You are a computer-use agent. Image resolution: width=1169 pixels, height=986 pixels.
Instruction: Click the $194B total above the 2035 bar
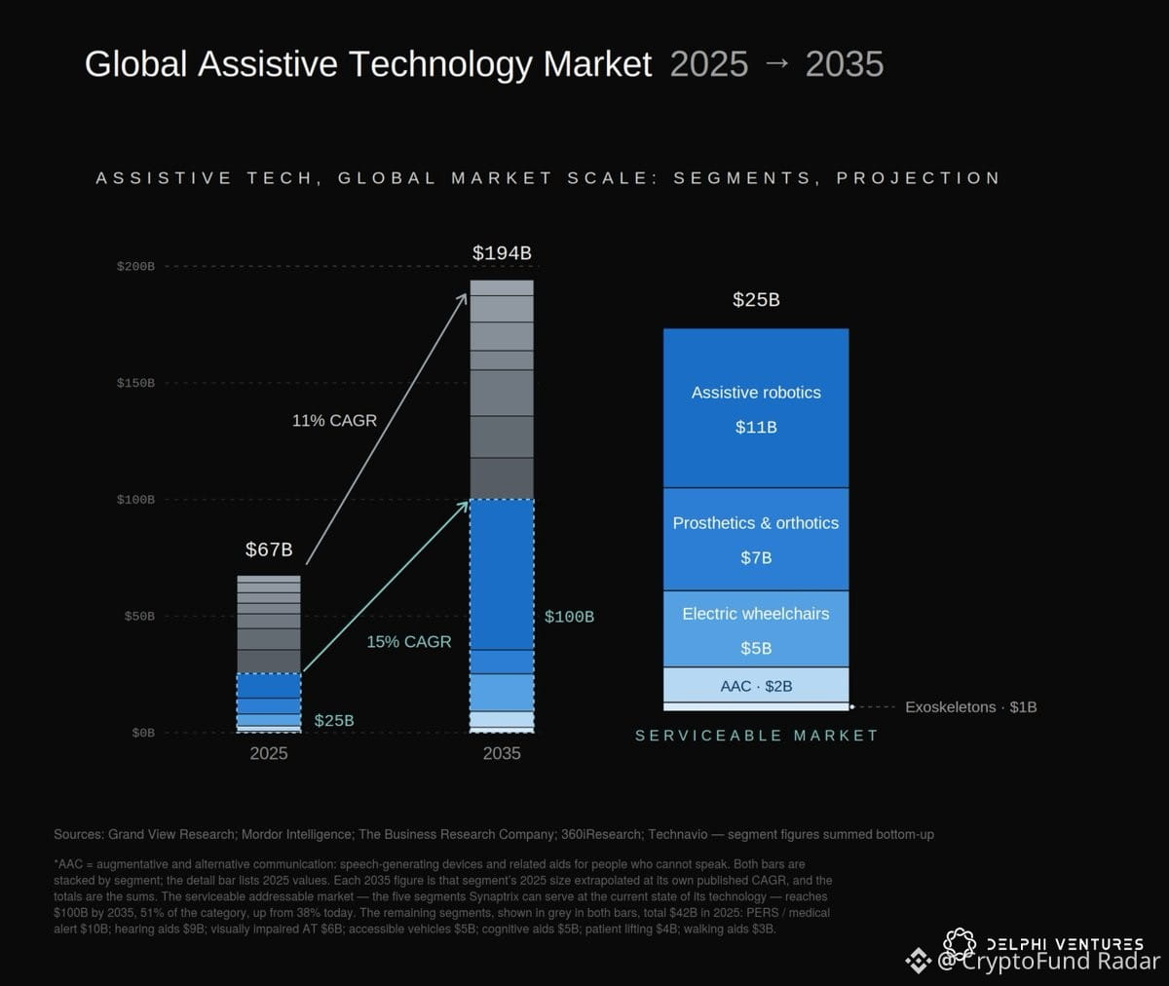click(x=502, y=253)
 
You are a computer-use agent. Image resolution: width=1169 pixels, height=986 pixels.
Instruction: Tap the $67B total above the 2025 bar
click(x=269, y=550)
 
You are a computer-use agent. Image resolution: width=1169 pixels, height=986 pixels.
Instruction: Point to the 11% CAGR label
click(x=334, y=421)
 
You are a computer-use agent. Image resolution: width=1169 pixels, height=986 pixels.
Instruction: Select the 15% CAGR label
click(x=409, y=642)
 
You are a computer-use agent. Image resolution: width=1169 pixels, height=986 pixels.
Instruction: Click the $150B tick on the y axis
click(x=135, y=383)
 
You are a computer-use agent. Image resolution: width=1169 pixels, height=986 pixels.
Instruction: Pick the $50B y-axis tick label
click(x=139, y=617)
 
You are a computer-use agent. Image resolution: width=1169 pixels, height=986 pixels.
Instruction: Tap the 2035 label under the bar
click(x=502, y=754)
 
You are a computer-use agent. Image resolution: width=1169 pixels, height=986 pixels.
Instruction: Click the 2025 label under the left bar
click(x=269, y=754)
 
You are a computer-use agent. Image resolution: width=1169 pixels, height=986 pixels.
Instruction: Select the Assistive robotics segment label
click(x=756, y=393)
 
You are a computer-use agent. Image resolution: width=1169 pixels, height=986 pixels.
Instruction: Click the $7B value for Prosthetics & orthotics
click(x=756, y=557)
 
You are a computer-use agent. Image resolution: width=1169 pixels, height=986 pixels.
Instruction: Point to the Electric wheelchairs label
click(x=756, y=614)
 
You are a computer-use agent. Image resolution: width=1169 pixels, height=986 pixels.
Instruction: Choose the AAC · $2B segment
click(x=756, y=686)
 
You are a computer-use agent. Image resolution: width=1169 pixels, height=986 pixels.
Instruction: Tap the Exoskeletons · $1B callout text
click(x=971, y=707)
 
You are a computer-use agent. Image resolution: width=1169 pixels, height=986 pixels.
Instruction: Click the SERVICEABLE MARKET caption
click(x=756, y=736)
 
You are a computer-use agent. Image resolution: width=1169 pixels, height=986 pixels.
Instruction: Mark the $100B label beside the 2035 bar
click(x=569, y=617)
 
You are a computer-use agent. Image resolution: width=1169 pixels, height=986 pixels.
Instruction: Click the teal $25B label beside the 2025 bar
click(x=334, y=720)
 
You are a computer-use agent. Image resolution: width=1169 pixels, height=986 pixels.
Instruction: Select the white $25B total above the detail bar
click(x=756, y=299)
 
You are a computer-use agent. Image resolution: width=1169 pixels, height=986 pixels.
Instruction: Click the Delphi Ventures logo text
click(x=1065, y=944)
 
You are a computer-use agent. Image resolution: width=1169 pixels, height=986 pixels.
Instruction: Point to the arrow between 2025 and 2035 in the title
click(x=776, y=63)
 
